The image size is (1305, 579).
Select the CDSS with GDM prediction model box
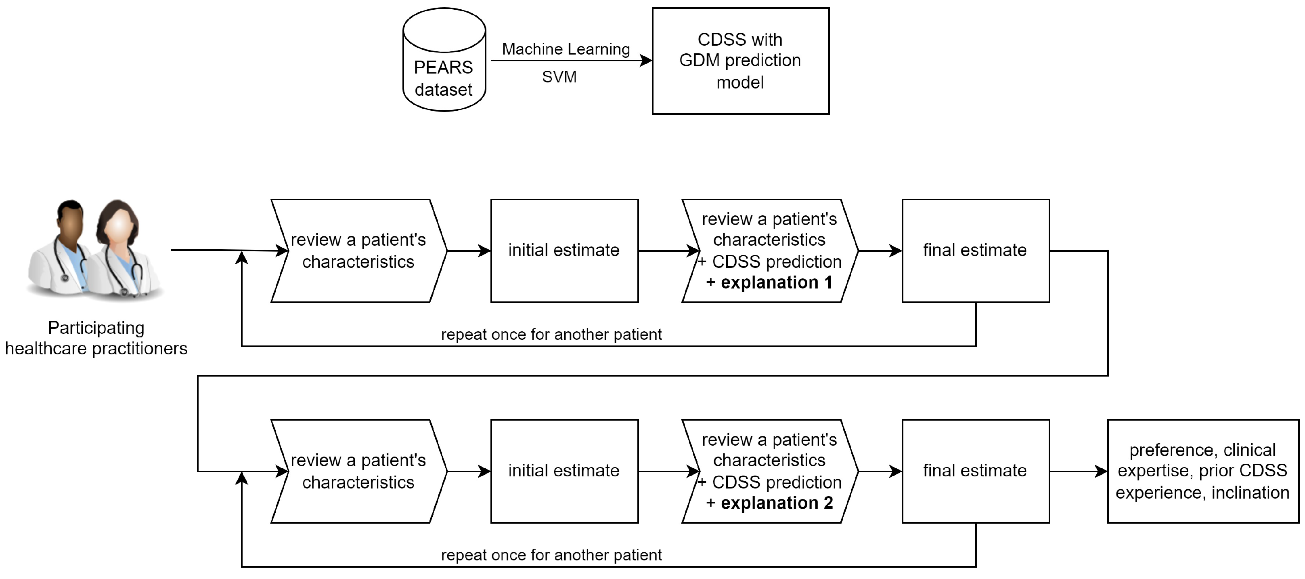(740, 61)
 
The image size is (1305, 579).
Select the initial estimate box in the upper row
(564, 251)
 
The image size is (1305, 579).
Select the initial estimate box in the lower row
(564, 471)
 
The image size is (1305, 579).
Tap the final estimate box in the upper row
(975, 251)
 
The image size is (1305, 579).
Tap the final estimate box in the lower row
(975, 471)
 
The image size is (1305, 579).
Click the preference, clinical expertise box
(1202, 471)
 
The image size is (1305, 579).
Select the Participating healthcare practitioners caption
(96, 338)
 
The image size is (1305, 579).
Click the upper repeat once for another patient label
(551, 335)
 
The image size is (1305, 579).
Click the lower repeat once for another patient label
(551, 555)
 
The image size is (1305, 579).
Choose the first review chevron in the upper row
(358, 251)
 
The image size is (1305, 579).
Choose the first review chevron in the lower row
(358, 471)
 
